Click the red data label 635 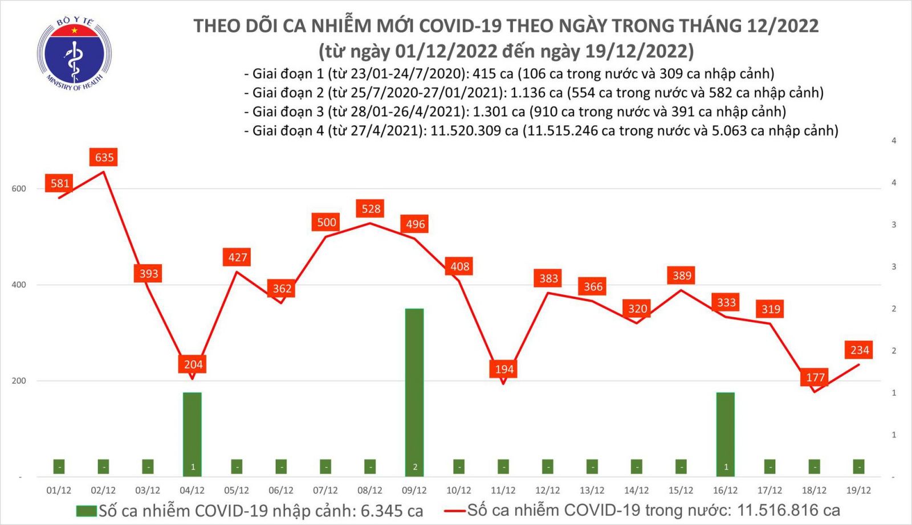point(104,157)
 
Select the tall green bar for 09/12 point(414,387)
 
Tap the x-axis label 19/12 point(858,490)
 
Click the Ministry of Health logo point(74,54)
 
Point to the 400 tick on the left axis point(19,285)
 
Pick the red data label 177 point(815,377)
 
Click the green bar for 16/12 point(726,430)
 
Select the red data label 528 point(371,209)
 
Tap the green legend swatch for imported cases point(86,511)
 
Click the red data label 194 point(504,369)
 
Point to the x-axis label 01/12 point(59,490)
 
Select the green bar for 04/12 point(193,430)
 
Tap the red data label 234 point(860,350)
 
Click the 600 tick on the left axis point(19,189)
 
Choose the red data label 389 point(682,276)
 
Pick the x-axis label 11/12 point(503,490)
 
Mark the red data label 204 point(193,364)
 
